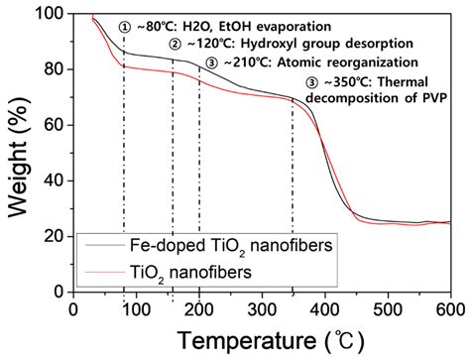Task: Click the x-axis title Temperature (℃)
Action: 262,340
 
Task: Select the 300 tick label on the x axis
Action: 262,308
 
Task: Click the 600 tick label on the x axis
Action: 449,308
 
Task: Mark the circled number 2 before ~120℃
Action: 176,45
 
